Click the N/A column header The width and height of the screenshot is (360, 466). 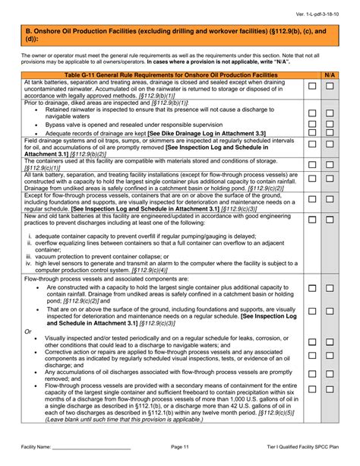click(330, 76)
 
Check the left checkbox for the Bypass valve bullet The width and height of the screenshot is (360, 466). click(311, 124)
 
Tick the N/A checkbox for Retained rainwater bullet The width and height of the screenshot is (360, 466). click(330, 113)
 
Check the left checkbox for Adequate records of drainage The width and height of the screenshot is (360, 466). click(311, 134)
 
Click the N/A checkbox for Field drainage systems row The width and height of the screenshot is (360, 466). click(330, 145)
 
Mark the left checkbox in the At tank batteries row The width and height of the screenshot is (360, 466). click(311, 87)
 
